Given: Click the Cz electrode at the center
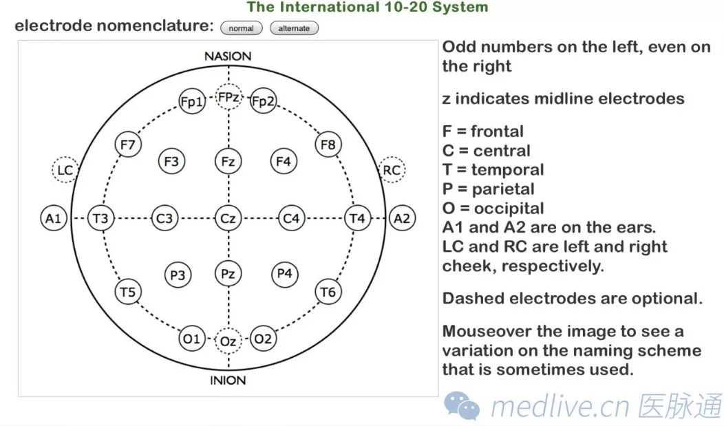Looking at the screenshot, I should tap(228, 219).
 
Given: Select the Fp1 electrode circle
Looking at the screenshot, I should tap(191, 102).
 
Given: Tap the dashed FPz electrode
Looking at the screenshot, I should tap(228, 98).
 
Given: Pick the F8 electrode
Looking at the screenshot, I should tap(328, 145).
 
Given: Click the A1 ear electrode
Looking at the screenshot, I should tap(53, 219).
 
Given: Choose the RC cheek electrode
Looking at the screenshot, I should tap(392, 170).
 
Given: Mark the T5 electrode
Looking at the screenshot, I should tap(127, 292).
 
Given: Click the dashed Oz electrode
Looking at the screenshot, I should tap(228, 341).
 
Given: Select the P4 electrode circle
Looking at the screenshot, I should tap(284, 274).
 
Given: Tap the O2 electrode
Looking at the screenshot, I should tap(263, 339).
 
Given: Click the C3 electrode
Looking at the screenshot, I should tap(164, 219).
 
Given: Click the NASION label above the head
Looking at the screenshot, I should tap(228, 56).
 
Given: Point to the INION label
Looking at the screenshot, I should tap(228, 380).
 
